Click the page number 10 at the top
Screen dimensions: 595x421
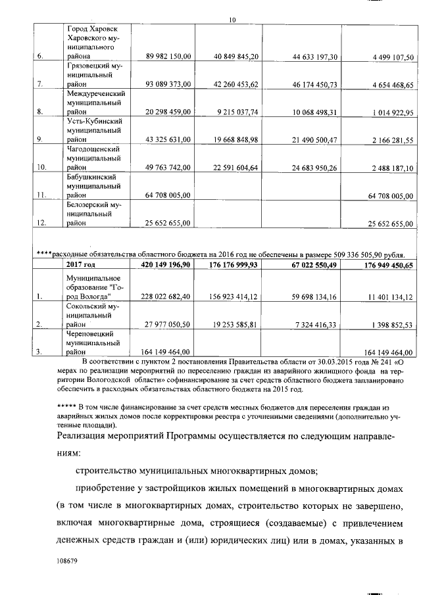pos(232,20)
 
